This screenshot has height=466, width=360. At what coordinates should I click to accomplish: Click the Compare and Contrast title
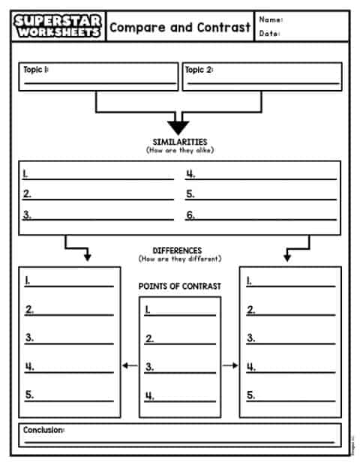180,28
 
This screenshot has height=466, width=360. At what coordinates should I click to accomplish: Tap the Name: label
271,20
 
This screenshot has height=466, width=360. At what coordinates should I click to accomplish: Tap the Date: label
270,34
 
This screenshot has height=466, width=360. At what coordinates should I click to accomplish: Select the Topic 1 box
97,77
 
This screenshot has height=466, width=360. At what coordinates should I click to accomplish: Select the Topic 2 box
262,77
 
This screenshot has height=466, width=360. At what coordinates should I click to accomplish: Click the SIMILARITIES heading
179,142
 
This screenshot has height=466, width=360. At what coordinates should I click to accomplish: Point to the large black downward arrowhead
179,127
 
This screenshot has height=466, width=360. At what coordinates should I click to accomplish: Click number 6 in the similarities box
190,215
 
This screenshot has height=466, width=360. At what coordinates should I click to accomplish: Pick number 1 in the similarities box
25,174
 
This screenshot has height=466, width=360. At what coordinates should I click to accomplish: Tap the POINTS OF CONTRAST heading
180,287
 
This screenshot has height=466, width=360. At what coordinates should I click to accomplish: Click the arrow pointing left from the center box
130,366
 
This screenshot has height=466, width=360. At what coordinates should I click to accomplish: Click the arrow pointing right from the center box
230,366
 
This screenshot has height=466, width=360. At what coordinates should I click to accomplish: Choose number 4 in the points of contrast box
149,395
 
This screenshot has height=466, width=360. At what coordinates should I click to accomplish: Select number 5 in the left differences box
29,395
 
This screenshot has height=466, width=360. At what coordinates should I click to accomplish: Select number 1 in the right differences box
250,281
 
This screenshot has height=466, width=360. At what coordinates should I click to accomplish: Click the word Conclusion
43,430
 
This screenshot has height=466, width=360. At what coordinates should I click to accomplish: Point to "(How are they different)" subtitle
179,259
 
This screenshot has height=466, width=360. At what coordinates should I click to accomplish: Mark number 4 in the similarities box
190,174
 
